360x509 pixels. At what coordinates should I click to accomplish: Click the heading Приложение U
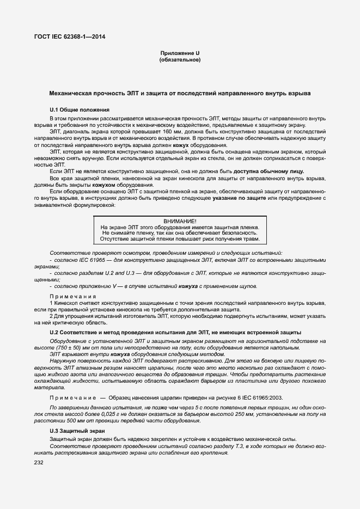(180, 53)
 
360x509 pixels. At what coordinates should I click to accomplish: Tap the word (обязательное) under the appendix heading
(180, 59)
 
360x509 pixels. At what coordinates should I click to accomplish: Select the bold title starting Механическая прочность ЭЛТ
(180, 94)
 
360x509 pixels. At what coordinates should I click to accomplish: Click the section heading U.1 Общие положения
(80, 109)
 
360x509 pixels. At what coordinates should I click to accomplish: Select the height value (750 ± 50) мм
(68, 347)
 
